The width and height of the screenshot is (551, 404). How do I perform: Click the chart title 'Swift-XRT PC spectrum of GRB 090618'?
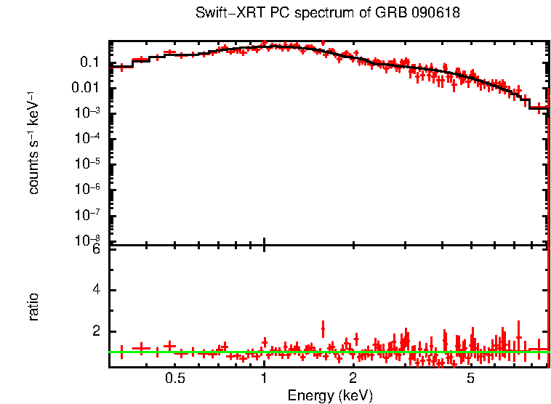(x=328, y=14)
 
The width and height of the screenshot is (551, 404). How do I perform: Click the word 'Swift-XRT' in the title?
(x=222, y=14)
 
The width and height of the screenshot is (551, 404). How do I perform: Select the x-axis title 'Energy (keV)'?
(x=330, y=395)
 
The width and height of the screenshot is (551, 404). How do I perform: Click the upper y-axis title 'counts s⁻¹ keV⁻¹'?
(x=33, y=142)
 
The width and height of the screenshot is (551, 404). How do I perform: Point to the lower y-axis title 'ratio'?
(x=33, y=307)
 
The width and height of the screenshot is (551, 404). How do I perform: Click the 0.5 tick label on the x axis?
(x=174, y=379)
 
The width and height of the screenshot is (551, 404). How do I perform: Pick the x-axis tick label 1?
(x=264, y=379)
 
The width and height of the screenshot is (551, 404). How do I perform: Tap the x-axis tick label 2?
(x=353, y=379)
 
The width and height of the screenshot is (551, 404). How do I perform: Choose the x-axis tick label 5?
(x=470, y=379)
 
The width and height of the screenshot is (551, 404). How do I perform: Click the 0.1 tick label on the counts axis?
(x=89, y=62)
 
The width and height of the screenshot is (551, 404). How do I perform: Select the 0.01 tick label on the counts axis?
(x=87, y=88)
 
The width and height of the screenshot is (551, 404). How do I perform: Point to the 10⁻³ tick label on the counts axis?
(x=88, y=113)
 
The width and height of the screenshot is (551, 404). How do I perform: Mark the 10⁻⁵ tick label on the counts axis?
(x=88, y=163)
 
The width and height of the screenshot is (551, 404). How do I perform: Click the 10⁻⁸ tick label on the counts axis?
(x=88, y=239)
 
